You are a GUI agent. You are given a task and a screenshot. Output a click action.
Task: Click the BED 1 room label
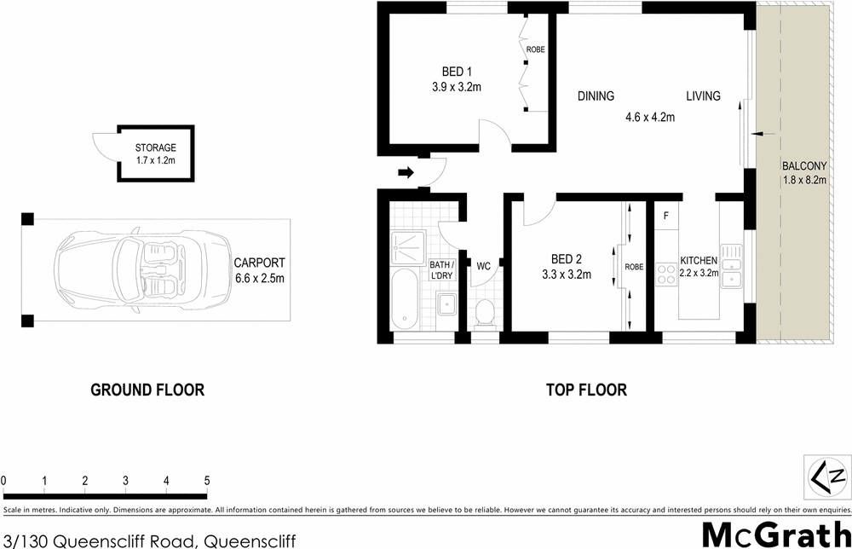457,72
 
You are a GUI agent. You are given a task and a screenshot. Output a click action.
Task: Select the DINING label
596,96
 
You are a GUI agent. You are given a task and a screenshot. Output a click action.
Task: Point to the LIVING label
704,96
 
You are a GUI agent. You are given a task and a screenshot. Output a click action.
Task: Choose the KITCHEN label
698,260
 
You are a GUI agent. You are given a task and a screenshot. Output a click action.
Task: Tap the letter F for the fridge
665,216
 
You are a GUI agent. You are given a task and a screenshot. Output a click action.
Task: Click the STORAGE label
155,147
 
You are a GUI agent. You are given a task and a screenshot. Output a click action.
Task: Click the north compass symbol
826,475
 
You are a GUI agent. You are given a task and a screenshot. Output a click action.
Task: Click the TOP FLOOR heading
586,390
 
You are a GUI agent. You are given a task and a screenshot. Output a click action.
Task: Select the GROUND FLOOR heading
147,390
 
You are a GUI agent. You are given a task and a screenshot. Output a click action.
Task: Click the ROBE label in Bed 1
535,50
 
